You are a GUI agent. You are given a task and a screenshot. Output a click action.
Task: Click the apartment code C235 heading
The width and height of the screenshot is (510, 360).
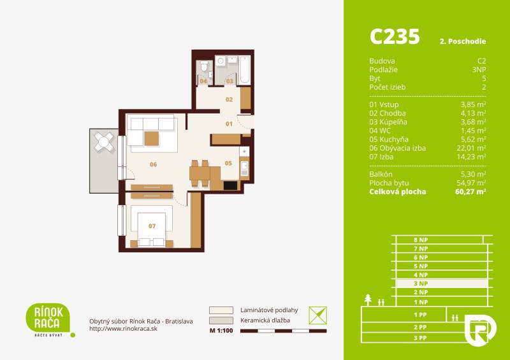coord(395,36)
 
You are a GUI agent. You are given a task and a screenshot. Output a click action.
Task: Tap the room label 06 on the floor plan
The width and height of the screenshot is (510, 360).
coord(153,164)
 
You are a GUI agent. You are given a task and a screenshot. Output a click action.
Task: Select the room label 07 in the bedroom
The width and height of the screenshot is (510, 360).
coord(152,226)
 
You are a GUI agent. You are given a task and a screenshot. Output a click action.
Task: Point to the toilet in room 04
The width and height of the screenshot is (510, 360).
coord(203,68)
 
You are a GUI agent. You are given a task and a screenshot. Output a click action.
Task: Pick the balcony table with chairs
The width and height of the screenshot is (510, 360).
coord(105,143)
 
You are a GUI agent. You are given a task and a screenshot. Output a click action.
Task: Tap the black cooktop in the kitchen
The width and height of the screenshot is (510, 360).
coord(230,185)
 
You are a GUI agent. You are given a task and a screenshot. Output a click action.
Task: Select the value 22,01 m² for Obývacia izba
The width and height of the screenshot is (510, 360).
coord(473,148)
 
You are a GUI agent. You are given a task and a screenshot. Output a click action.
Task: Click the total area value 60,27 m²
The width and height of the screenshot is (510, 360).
coord(471,191)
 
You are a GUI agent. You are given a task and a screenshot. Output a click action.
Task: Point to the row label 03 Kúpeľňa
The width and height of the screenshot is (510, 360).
coord(388,121)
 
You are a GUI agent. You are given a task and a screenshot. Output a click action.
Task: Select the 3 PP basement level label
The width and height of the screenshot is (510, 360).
coord(419,337)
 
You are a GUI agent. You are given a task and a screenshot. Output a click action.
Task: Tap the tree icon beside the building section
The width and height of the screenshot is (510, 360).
coord(369,299)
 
